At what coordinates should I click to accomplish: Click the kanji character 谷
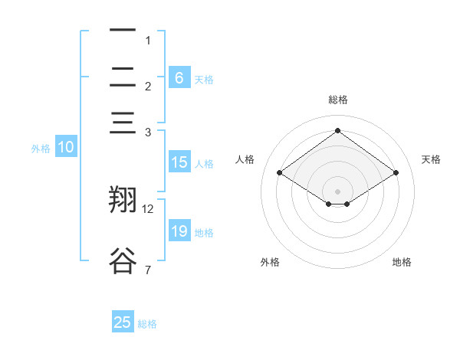pos(123,260)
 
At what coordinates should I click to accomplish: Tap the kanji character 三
pos(123,123)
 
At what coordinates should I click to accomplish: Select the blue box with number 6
pos(179,78)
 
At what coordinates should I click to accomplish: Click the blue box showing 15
pos(179,162)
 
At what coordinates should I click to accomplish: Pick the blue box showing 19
pos(179,231)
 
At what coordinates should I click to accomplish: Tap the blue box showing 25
pos(123,322)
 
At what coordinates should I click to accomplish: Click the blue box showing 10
pos(66,148)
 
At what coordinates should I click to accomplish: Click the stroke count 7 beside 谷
pos(147,270)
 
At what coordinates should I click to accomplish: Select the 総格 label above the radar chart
pos(337,100)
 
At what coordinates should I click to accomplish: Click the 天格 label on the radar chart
pos(431,159)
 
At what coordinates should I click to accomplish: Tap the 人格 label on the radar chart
pos(245,159)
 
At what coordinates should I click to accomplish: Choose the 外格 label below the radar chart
pos(270,262)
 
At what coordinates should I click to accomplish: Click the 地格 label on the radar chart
pos(402,262)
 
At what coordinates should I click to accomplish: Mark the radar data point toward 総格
pos(337,130)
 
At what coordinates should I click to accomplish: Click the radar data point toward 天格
pos(396,173)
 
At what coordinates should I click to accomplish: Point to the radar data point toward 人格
pos(280,173)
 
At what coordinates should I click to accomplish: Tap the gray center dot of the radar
pos(337,191)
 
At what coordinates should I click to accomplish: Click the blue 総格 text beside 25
pos(147,324)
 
